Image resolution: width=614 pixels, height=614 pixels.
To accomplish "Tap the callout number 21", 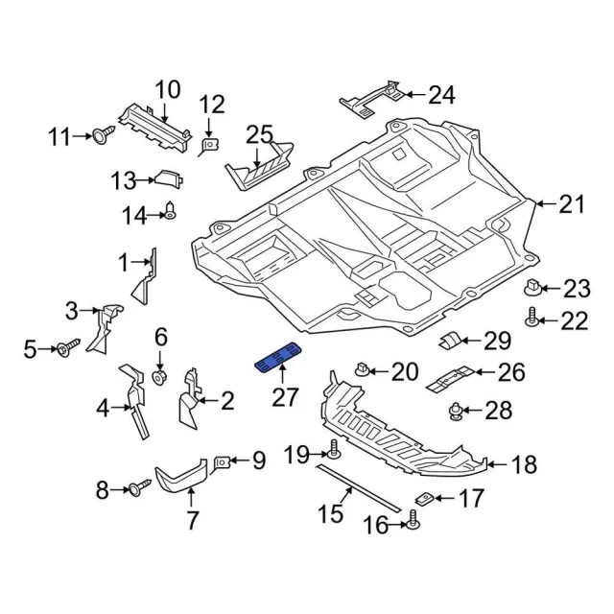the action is pos(572,204).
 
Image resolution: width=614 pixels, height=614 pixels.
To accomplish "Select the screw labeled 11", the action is pos(104,134).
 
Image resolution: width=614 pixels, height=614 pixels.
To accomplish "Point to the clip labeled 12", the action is pos(208,146).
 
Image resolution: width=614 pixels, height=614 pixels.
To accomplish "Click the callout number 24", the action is pos(441,95).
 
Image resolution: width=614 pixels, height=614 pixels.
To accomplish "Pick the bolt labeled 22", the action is pos(531,318).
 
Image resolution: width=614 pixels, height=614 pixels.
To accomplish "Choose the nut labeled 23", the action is pos(533,288).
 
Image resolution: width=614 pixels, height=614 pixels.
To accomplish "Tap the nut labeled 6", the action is pos(159,377).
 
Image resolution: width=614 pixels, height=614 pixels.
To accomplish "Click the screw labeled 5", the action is pos(68,347).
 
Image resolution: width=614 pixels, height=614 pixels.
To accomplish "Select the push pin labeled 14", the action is pos(171,211).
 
